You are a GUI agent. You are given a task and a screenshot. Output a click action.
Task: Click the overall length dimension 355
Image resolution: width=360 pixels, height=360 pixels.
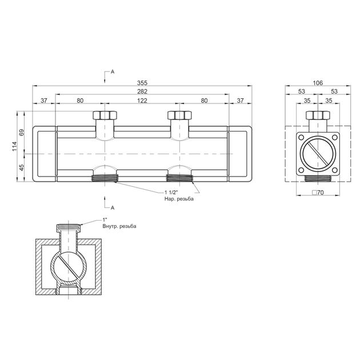pyautogui.click(x=142, y=83)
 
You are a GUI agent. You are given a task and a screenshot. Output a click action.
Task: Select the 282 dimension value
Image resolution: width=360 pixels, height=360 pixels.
pyautogui.click(x=142, y=91)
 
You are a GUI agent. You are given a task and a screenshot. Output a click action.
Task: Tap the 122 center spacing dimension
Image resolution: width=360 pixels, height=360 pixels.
pyautogui.click(x=142, y=101)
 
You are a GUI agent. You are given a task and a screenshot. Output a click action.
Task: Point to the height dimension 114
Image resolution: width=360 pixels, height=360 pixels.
pyautogui.click(x=15, y=146)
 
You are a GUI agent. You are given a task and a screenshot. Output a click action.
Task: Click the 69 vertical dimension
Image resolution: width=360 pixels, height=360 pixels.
pyautogui.click(x=22, y=133)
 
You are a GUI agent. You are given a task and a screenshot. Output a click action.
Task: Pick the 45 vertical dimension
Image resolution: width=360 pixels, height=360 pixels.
pyautogui.click(x=22, y=167)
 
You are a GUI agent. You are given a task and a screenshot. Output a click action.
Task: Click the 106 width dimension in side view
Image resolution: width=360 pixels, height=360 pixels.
pyautogui.click(x=318, y=83)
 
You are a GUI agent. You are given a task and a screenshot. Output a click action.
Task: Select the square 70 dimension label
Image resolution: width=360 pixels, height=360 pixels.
pyautogui.click(x=318, y=193)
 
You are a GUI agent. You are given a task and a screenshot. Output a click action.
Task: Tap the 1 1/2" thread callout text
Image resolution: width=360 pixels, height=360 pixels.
pyautogui.click(x=171, y=193)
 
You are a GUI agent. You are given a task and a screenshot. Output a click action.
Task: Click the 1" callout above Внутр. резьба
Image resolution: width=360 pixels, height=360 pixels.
pyautogui.click(x=105, y=220)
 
